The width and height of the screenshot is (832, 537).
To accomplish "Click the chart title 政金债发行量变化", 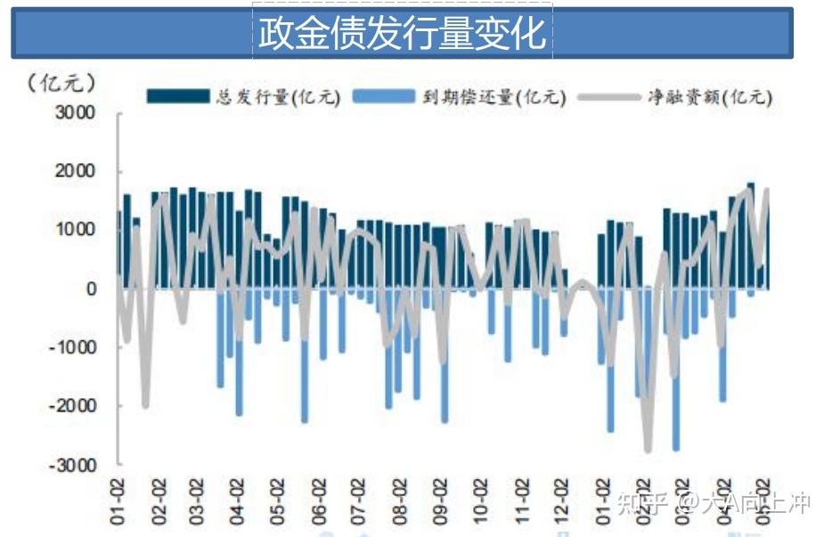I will click(x=402, y=34).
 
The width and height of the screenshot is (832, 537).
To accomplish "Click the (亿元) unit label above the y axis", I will click(x=61, y=83).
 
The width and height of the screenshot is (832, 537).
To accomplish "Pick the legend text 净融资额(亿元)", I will click(x=709, y=97).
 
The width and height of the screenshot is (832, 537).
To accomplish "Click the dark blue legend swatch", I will click(x=177, y=96).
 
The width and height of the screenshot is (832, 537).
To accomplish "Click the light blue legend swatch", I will click(x=384, y=96).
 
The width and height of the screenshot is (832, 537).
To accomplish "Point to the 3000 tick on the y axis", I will click(x=79, y=113).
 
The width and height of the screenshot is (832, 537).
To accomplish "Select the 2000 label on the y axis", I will click(x=79, y=171).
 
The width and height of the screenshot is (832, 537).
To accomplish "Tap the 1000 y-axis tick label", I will click(x=79, y=230).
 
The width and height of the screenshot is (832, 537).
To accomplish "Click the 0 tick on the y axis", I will click(x=90, y=289).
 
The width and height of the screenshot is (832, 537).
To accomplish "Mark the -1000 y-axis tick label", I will click(x=75, y=347).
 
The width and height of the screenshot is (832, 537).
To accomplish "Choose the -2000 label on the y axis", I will click(x=75, y=405).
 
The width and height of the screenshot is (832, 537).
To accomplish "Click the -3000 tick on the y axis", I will click(x=75, y=464).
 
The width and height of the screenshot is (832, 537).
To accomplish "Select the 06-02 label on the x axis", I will click(x=319, y=500).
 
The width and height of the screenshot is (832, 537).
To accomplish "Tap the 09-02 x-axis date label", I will click(x=440, y=500).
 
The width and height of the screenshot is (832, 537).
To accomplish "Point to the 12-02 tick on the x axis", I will click(x=561, y=500).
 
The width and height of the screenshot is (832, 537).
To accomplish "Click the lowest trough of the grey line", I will click(x=648, y=450).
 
